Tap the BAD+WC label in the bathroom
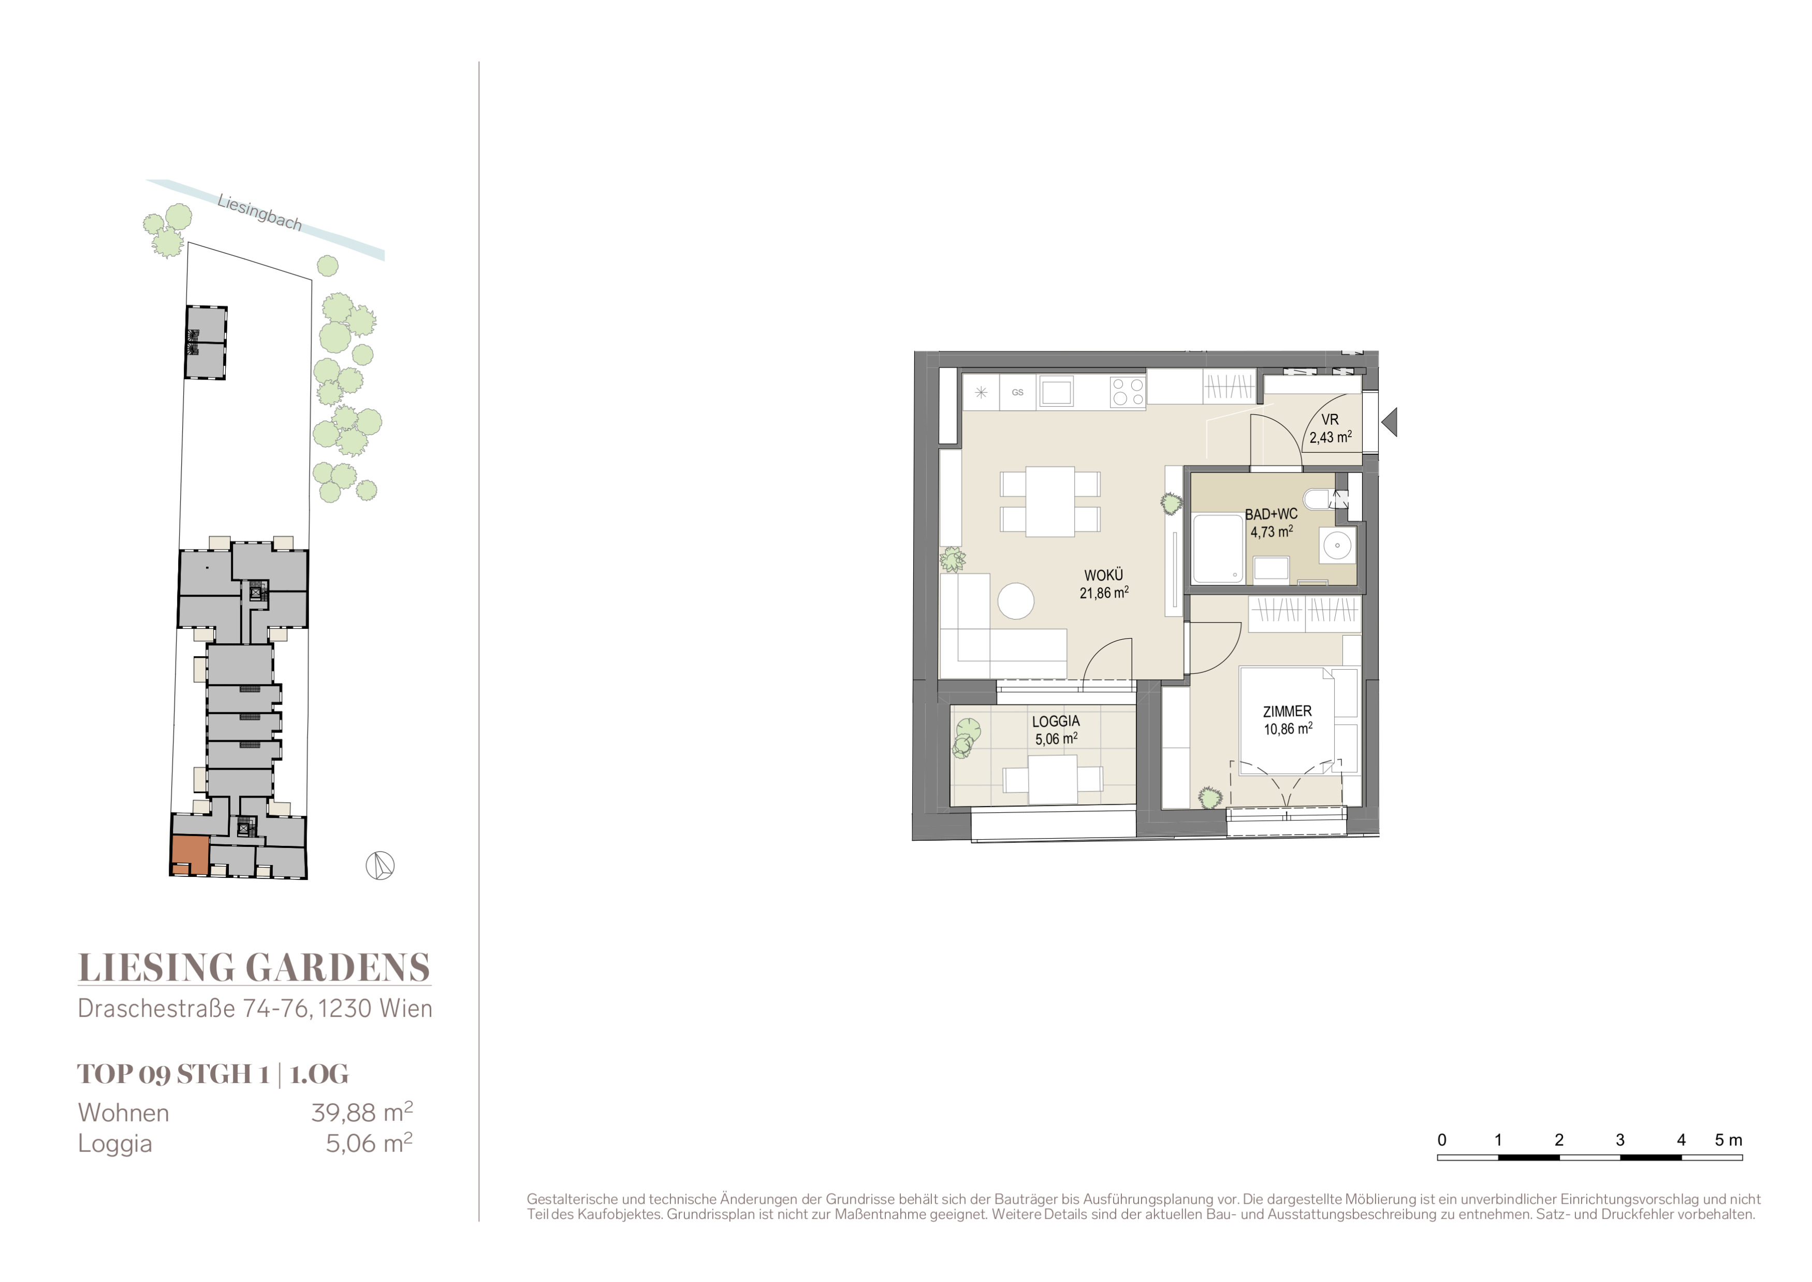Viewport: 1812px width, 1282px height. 1270,514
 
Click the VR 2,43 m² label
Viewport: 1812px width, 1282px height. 1331,429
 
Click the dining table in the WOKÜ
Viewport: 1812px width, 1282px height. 1049,502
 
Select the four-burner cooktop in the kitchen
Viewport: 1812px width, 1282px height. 1128,392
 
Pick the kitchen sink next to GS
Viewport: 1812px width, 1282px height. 1056,392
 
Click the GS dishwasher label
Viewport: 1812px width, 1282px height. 1018,392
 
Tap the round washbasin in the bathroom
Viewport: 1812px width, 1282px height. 1337,545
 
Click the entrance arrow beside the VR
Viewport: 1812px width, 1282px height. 1390,422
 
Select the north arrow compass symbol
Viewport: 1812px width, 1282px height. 379,866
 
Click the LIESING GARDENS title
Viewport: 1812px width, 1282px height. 254,968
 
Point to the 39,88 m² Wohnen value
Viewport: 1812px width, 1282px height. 362,1112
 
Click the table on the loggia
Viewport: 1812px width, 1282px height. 1053,779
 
